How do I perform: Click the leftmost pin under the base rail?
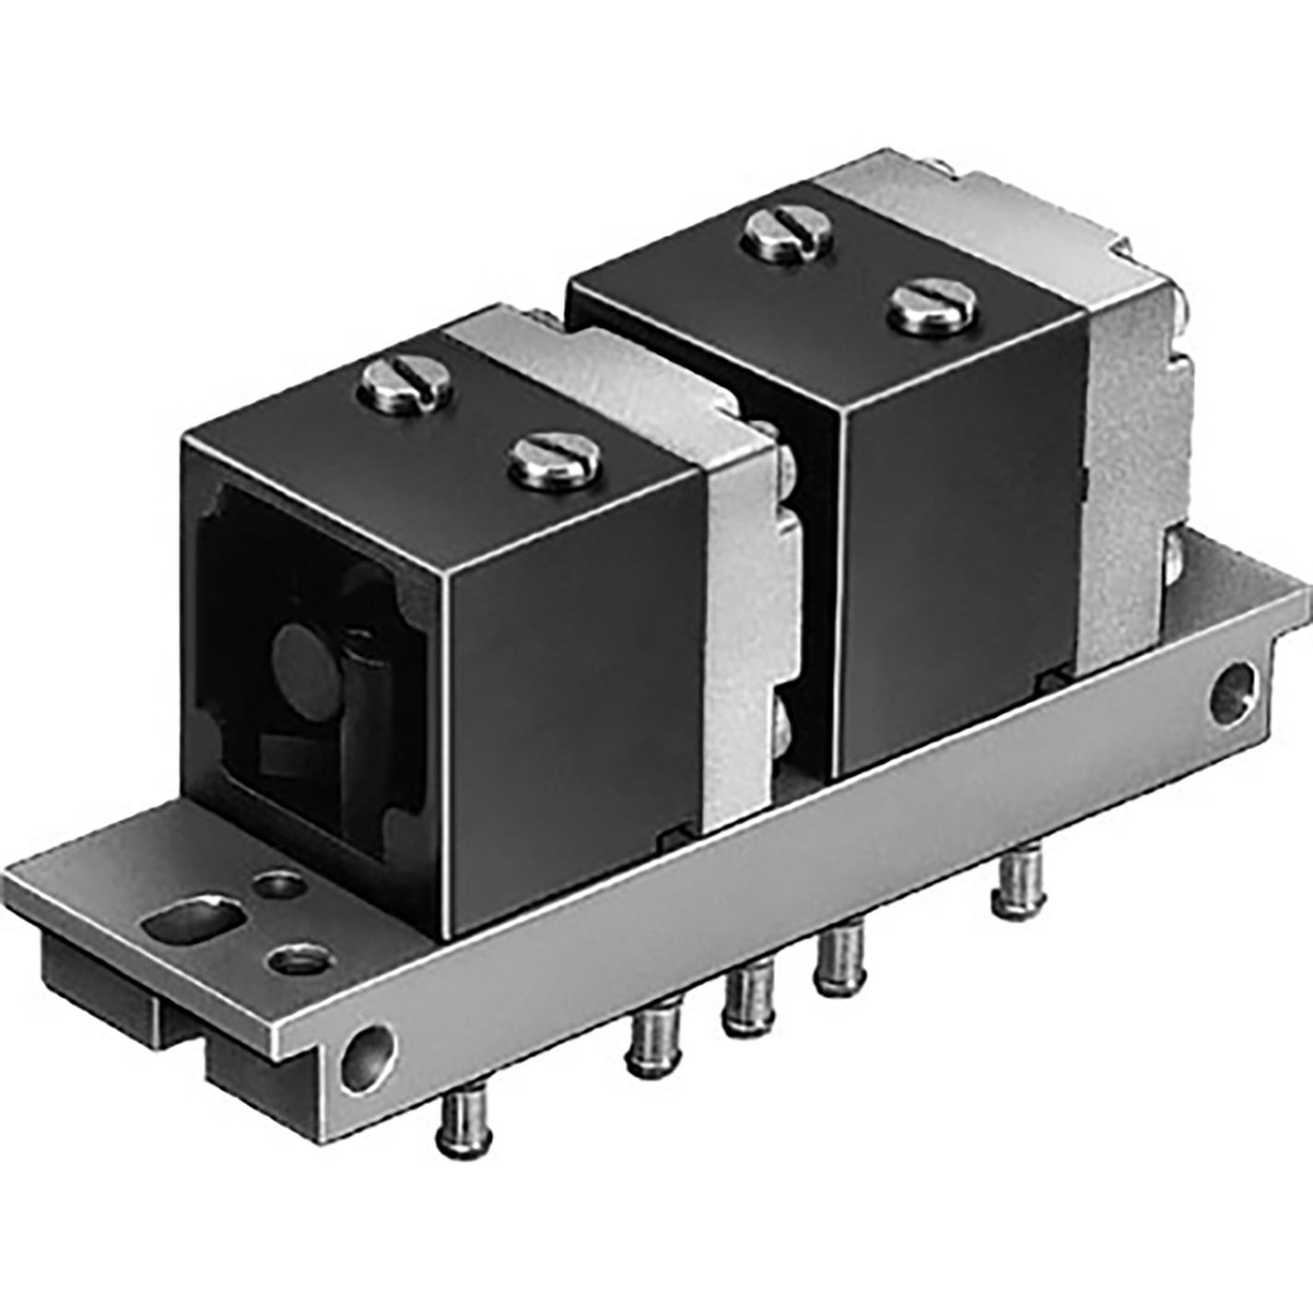[x=458, y=1122]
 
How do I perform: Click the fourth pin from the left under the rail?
[x=839, y=958]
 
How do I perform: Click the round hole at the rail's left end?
[x=367, y=1060]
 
